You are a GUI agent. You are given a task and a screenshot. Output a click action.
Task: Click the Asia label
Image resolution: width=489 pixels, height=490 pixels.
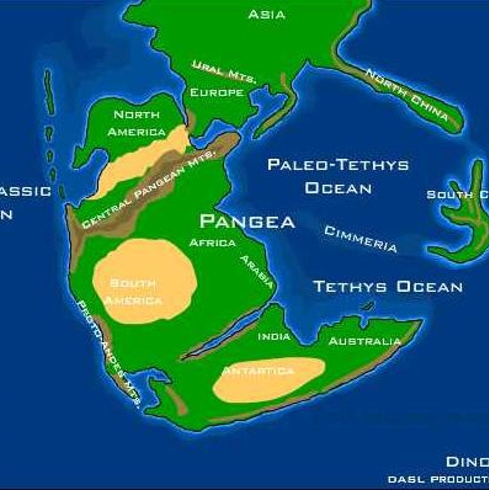click(x=267, y=15)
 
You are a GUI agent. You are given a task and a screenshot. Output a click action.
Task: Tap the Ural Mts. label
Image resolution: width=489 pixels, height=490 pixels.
click(x=223, y=72)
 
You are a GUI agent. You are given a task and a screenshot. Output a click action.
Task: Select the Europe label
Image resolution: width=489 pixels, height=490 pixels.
click(x=217, y=93)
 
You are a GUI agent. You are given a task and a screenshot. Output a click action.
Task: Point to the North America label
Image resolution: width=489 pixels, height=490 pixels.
click(x=137, y=123)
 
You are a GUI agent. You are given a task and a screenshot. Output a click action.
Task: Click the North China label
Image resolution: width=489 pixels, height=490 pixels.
click(x=407, y=95)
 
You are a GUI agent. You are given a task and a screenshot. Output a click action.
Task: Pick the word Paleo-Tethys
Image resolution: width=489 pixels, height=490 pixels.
click(x=338, y=165)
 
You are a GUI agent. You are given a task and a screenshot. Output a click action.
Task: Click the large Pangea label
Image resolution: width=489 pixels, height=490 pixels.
click(x=247, y=221)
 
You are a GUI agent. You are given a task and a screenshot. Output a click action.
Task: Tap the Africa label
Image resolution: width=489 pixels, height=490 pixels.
click(x=212, y=243)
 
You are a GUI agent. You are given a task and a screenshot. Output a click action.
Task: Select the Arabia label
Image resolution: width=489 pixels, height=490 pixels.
click(x=256, y=271)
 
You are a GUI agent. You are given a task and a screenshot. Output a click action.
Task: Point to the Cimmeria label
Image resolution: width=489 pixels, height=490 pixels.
click(x=361, y=239)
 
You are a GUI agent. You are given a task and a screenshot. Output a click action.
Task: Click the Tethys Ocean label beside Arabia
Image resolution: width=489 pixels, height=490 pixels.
click(x=388, y=286)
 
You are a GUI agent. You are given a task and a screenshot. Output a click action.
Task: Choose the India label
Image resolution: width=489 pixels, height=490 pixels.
click(x=274, y=337)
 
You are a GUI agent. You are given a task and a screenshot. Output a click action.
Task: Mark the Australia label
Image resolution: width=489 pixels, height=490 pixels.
click(x=365, y=341)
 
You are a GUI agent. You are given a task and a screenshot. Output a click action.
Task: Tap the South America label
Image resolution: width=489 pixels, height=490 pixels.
click(x=133, y=292)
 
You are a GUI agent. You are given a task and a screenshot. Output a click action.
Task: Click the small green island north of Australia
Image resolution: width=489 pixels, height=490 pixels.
click(x=367, y=306)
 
